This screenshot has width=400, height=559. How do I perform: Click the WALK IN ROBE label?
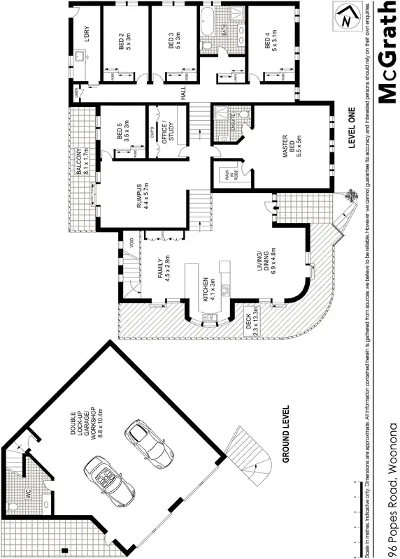pyautogui.click(x=225, y=175)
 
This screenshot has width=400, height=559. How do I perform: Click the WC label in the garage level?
pyautogui.click(x=29, y=493)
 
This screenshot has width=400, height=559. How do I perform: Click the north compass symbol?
pyautogui.click(x=343, y=17)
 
